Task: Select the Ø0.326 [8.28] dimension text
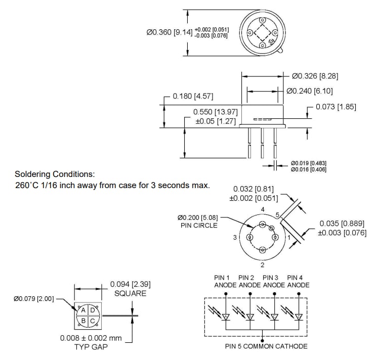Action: pyautogui.click(x=315, y=76)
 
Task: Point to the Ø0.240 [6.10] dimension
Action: pyautogui.click(x=309, y=91)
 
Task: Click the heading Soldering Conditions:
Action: pyautogui.click(x=55, y=174)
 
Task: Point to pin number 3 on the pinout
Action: pyautogui.click(x=235, y=237)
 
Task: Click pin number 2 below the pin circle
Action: pyautogui.click(x=262, y=264)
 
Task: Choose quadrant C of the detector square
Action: pyautogui.click(x=92, y=320)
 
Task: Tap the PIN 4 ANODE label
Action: pyautogui.click(x=299, y=281)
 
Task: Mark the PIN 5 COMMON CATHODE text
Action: pyautogui.click(x=266, y=346)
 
